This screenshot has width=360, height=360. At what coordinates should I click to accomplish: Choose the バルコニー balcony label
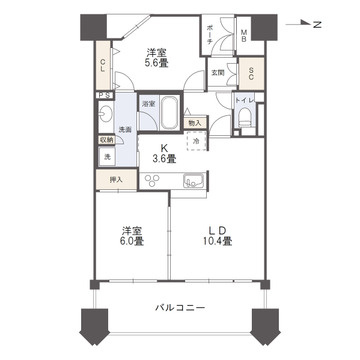pos(180,306)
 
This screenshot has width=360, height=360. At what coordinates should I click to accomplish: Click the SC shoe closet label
pos(251,73)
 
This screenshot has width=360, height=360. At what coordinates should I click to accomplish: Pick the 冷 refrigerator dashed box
pos(195,142)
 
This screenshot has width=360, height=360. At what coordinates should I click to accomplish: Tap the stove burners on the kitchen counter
pos(154,180)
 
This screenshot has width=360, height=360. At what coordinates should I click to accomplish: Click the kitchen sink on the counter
pos(192,180)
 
